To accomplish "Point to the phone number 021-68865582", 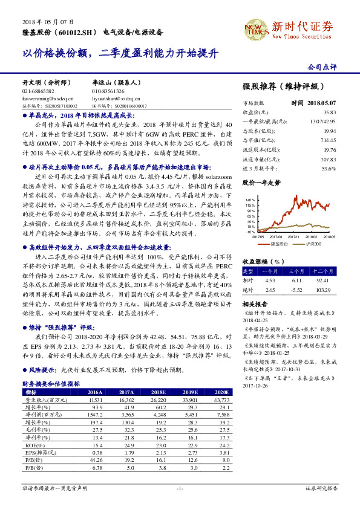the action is pos(38,91).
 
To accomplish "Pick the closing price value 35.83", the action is pos(329,112).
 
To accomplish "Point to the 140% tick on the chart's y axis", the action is pos(250,199).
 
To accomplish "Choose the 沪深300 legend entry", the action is pos(312,244).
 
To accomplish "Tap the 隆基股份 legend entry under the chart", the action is pos(278,244).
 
